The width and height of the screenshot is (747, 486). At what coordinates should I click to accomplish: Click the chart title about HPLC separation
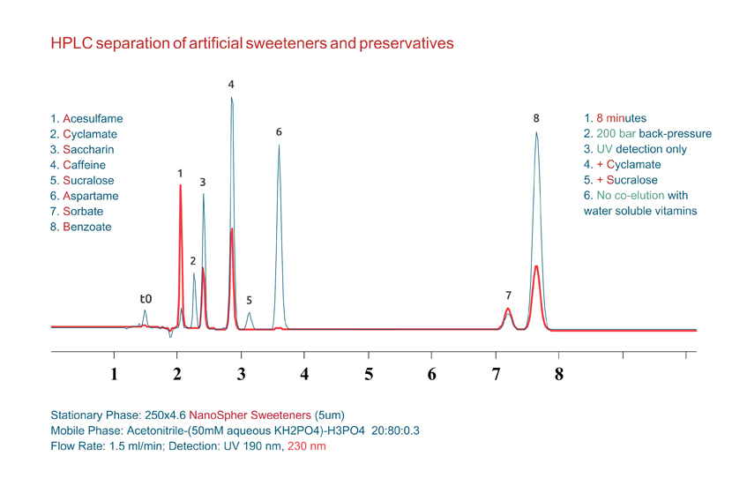point(251,42)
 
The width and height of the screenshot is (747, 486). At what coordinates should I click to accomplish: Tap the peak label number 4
point(231,85)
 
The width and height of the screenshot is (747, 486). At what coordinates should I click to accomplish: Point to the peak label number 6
point(279,132)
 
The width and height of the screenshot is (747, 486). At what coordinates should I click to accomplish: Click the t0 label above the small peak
point(146,299)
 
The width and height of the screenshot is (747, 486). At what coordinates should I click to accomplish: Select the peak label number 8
point(536,118)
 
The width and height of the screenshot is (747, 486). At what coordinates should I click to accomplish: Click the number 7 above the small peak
point(508,295)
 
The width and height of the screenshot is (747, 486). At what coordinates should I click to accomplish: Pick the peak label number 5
point(250,300)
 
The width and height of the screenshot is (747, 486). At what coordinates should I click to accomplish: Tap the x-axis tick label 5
point(369,374)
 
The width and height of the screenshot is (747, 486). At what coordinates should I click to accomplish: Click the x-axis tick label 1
point(114,374)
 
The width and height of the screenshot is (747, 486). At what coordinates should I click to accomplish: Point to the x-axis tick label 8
point(558,374)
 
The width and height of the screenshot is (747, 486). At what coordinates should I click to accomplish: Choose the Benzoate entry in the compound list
point(81,227)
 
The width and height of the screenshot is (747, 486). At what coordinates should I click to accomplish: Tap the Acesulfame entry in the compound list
point(86,118)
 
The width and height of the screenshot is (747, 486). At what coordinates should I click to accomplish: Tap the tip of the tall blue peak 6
point(280,146)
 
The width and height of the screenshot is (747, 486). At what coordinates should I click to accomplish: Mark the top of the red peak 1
point(181,186)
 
